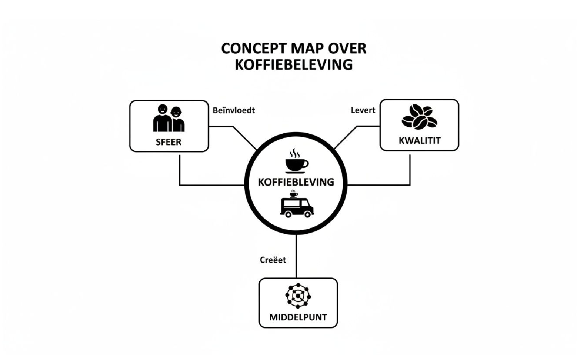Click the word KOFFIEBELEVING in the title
[x=294, y=64]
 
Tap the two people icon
[x=169, y=119]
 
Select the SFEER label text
[x=169, y=142]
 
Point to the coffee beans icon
[x=419, y=117]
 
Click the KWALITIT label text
[x=420, y=141]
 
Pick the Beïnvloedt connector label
[x=234, y=110]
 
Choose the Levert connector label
[x=363, y=110]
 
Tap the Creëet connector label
[x=273, y=260]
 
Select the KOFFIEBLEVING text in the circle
[x=296, y=182]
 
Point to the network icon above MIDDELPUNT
[x=298, y=296]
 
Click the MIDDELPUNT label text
[x=298, y=317]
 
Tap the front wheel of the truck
[x=307, y=214]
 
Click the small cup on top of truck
[x=294, y=193]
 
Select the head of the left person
[x=163, y=109]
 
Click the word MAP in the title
[x=306, y=49]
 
